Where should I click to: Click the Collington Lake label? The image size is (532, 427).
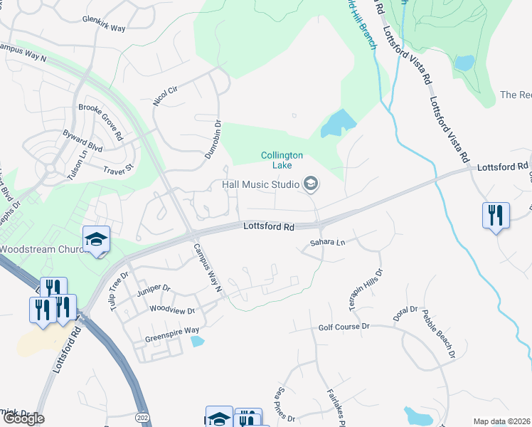[x=282, y=160]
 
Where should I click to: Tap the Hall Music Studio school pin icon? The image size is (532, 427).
[x=310, y=184]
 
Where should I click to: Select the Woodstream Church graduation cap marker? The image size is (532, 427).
[x=96, y=239]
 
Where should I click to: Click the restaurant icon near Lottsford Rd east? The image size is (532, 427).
[x=495, y=214]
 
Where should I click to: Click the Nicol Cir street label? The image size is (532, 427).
[x=164, y=95]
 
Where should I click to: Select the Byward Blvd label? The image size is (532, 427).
[x=83, y=141]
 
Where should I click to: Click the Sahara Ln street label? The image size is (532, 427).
[x=326, y=243]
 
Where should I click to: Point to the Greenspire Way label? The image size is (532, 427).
[x=172, y=331]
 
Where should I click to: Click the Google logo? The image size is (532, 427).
[x=23, y=418]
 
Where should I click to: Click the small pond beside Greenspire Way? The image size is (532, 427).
[x=198, y=341]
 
